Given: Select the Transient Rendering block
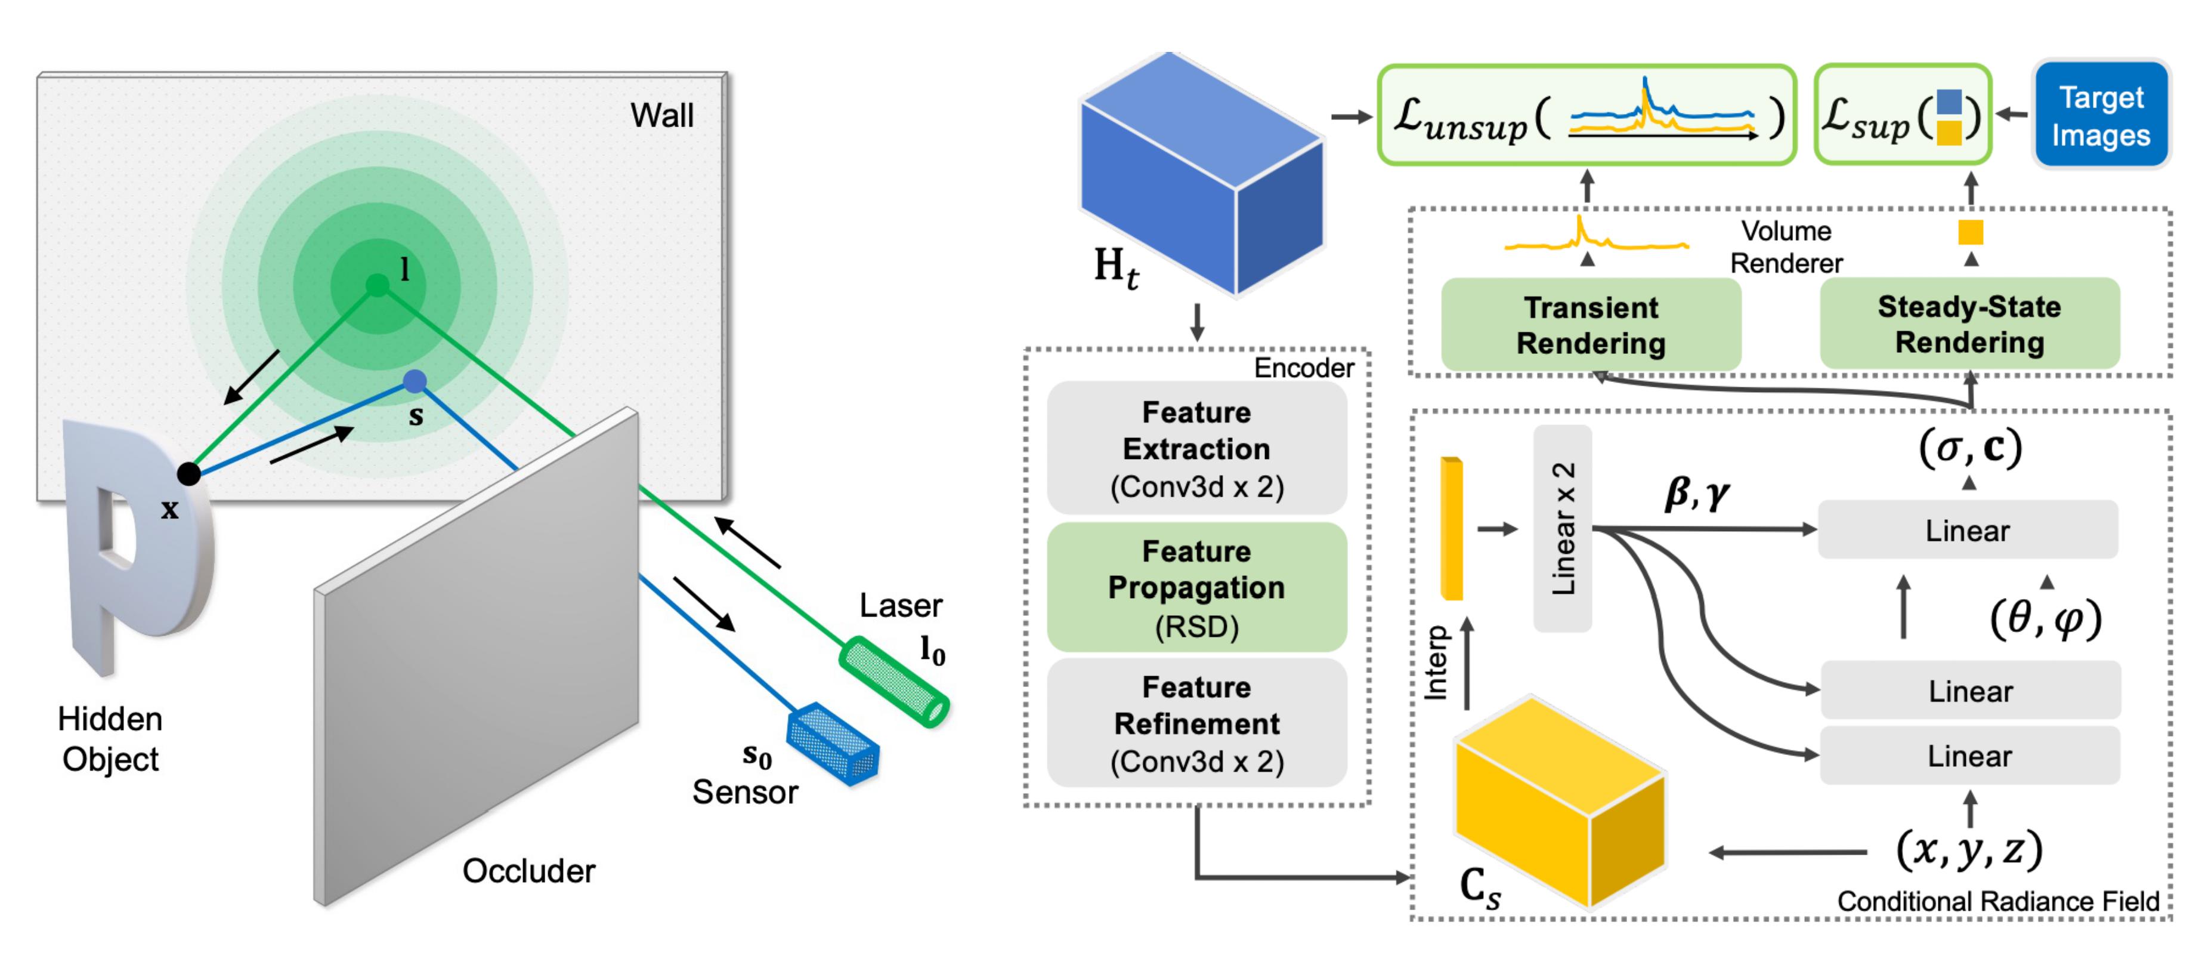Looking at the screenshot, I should (x=1591, y=325).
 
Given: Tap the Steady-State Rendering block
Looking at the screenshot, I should (x=1969, y=323).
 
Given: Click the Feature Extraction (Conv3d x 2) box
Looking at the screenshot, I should (x=1196, y=449).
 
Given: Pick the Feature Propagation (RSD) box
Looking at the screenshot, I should (x=1196, y=587).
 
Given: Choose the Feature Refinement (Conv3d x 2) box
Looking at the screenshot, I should (x=1196, y=723).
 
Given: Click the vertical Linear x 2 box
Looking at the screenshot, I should (x=1562, y=528).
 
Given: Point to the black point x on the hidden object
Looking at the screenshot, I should (x=188, y=473).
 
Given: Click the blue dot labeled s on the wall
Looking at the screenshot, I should (x=415, y=381).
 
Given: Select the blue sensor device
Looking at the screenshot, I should (x=833, y=743).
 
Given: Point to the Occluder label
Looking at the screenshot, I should (x=528, y=871).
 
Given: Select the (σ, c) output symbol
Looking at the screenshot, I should (x=1969, y=447).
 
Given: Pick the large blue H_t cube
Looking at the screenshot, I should (x=1201, y=175).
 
